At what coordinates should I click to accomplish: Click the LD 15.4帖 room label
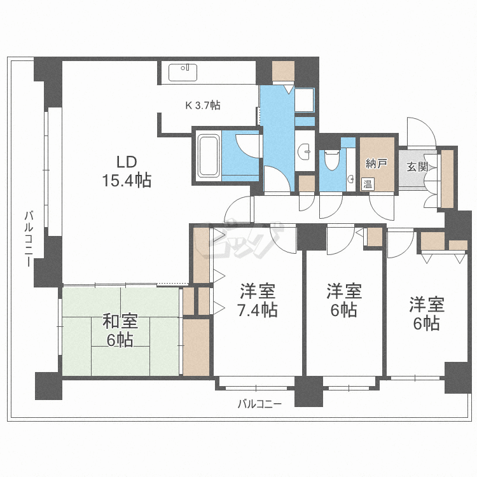coord(128,171)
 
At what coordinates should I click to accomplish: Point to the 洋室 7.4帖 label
coord(258,301)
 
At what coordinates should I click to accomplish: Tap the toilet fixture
coord(330,160)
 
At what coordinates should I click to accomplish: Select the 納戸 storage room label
coord(376,164)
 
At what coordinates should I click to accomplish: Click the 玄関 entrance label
coord(417,167)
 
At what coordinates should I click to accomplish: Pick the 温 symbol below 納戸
coord(367,184)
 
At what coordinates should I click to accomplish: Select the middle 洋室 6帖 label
coord(344,301)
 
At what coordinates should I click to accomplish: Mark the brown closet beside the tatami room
coord(196,347)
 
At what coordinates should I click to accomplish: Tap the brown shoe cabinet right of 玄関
coord(447,178)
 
